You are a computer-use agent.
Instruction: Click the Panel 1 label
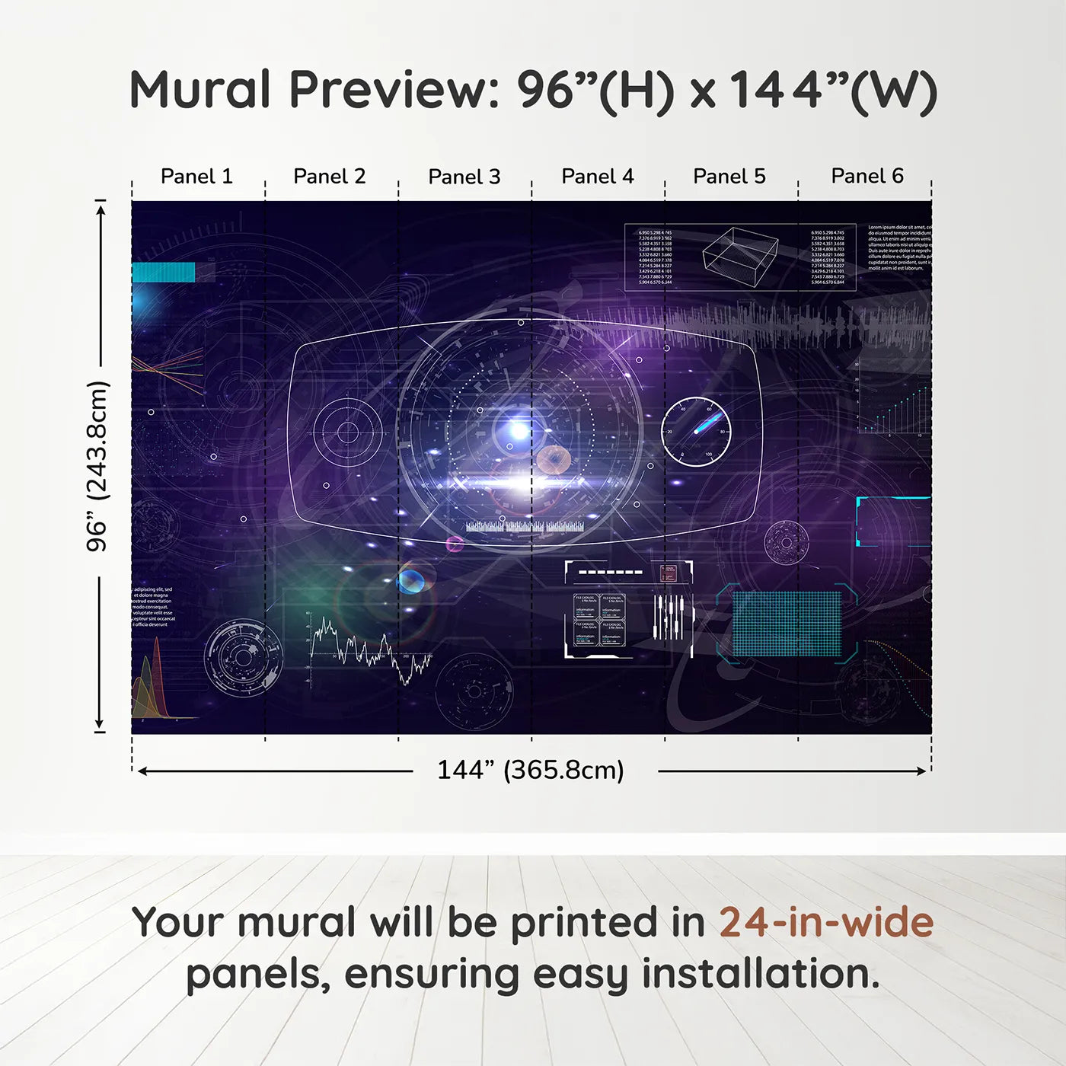coord(196,177)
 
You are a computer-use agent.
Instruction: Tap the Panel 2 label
coord(329,177)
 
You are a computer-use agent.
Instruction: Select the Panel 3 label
coord(464,177)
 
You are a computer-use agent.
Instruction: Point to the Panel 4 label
coord(597,177)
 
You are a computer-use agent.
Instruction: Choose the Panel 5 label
coord(729,177)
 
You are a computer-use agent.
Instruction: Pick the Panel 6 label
coord(867,177)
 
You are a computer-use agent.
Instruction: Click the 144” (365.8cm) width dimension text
coord(530,771)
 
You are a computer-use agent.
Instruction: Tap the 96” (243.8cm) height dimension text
coord(97,466)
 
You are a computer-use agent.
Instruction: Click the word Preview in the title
coord(394,90)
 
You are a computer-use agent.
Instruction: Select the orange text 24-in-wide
coord(826,923)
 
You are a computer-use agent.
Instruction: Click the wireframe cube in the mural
coord(739,256)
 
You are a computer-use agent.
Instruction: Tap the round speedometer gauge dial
coord(695,432)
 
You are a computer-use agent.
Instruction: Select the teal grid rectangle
coord(787,624)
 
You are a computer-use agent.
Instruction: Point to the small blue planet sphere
coord(411,581)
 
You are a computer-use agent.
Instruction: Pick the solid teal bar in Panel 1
coord(164,273)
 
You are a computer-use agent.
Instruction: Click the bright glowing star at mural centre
coord(519,431)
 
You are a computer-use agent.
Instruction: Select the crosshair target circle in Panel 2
coord(348,432)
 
